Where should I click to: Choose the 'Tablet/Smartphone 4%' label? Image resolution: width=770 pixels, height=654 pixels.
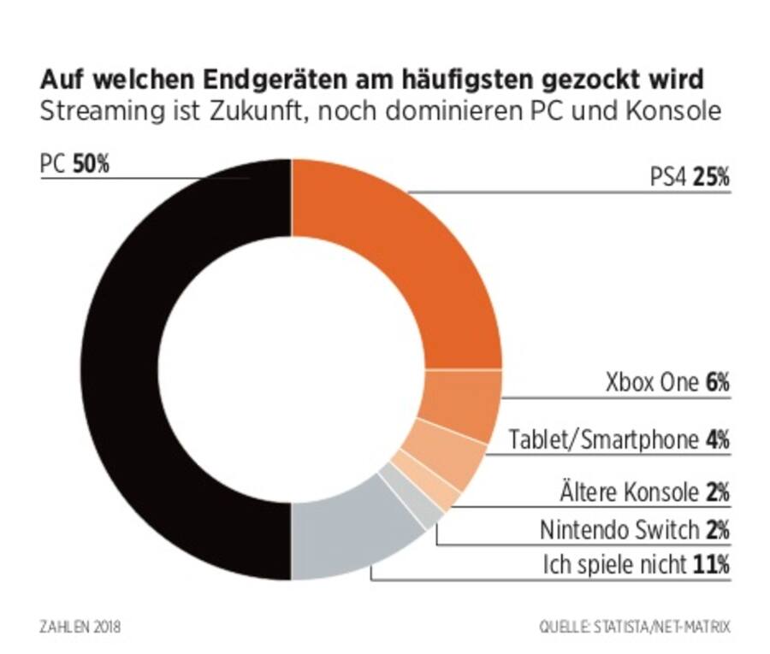[x=619, y=440]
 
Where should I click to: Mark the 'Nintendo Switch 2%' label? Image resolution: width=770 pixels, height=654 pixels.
[x=634, y=530]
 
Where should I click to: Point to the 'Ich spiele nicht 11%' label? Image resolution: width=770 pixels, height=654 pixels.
[x=637, y=564]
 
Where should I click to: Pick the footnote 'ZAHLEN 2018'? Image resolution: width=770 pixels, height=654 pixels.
[x=80, y=627]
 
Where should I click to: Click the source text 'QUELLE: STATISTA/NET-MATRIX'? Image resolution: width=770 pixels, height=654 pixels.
[x=635, y=627]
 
